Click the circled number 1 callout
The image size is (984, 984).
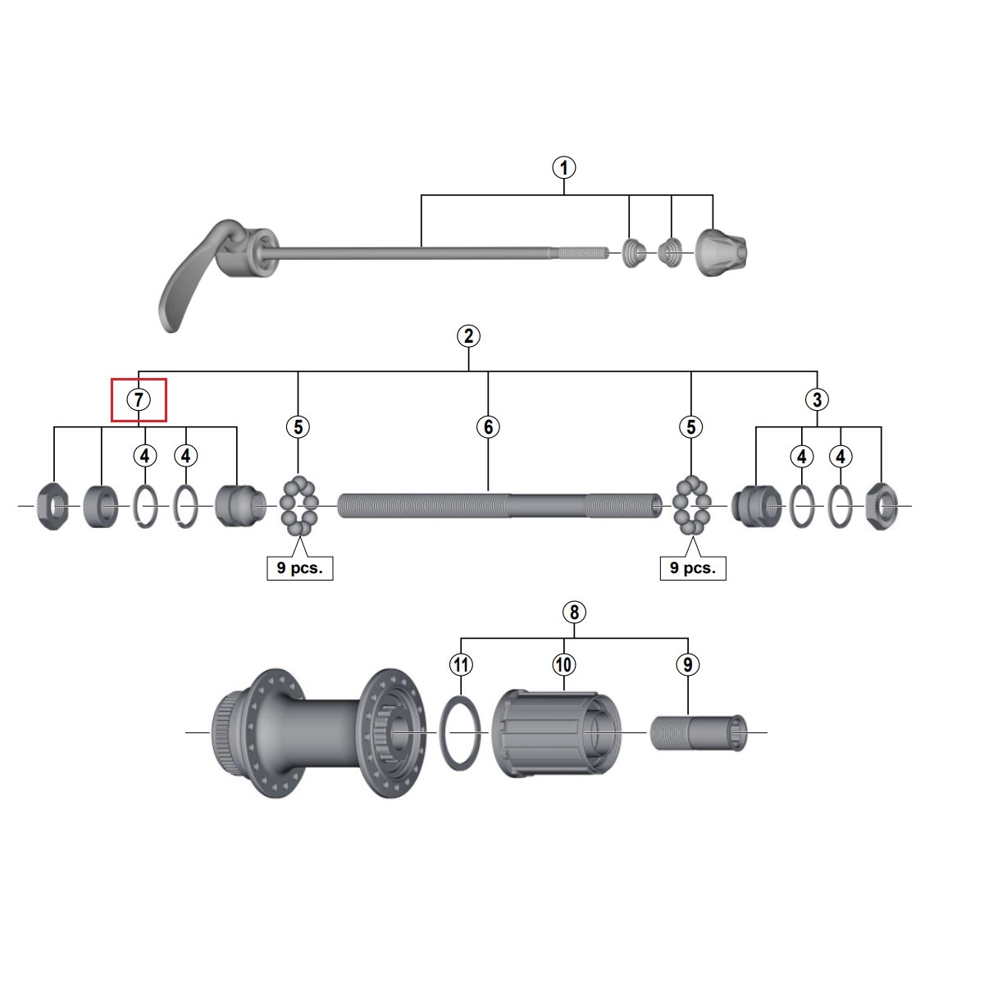pos(563,168)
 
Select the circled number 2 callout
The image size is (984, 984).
pos(468,336)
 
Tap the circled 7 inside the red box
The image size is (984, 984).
pos(139,400)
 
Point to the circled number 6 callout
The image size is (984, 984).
pos(488,427)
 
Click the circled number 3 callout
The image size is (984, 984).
pos(817,400)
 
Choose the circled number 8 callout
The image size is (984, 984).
pos(574,612)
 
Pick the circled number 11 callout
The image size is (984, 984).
pos(461,665)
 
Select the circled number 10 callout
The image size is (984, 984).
pos(563,665)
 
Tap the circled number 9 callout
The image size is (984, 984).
pos(688,665)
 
